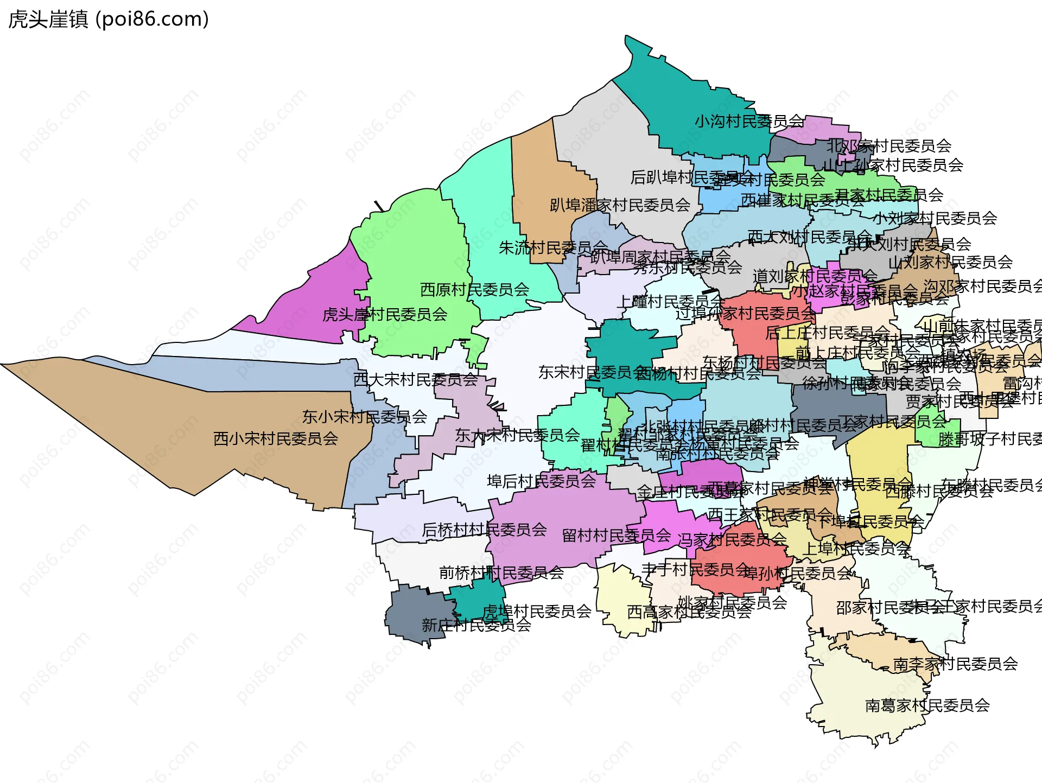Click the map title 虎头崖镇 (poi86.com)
point(109,20)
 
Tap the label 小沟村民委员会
point(749,121)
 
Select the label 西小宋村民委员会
point(276,438)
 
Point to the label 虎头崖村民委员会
point(385,314)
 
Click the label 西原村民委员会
point(474,289)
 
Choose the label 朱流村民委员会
point(552,248)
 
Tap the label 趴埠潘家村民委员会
point(620,205)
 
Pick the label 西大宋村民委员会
point(415,379)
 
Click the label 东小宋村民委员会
point(365,417)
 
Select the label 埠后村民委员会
point(541,481)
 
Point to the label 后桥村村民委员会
point(484,530)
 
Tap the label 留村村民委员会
point(617,536)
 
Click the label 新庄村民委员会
point(476,625)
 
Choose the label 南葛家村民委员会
point(927,705)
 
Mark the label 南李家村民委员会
point(955,664)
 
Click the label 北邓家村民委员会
point(889,145)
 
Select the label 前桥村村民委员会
point(501,572)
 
